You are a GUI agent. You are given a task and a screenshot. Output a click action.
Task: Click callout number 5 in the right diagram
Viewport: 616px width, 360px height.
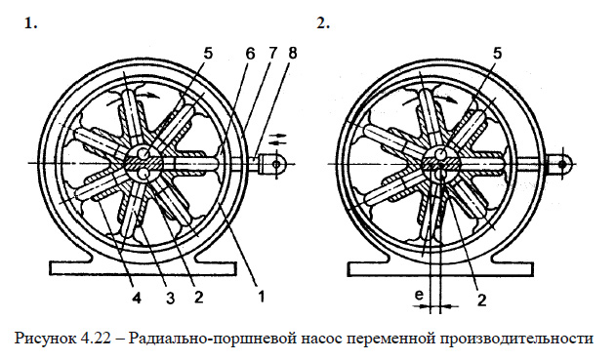499,56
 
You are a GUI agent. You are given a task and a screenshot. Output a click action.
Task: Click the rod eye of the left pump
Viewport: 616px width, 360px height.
277,163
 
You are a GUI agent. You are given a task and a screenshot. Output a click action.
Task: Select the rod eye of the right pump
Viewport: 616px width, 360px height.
566,162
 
